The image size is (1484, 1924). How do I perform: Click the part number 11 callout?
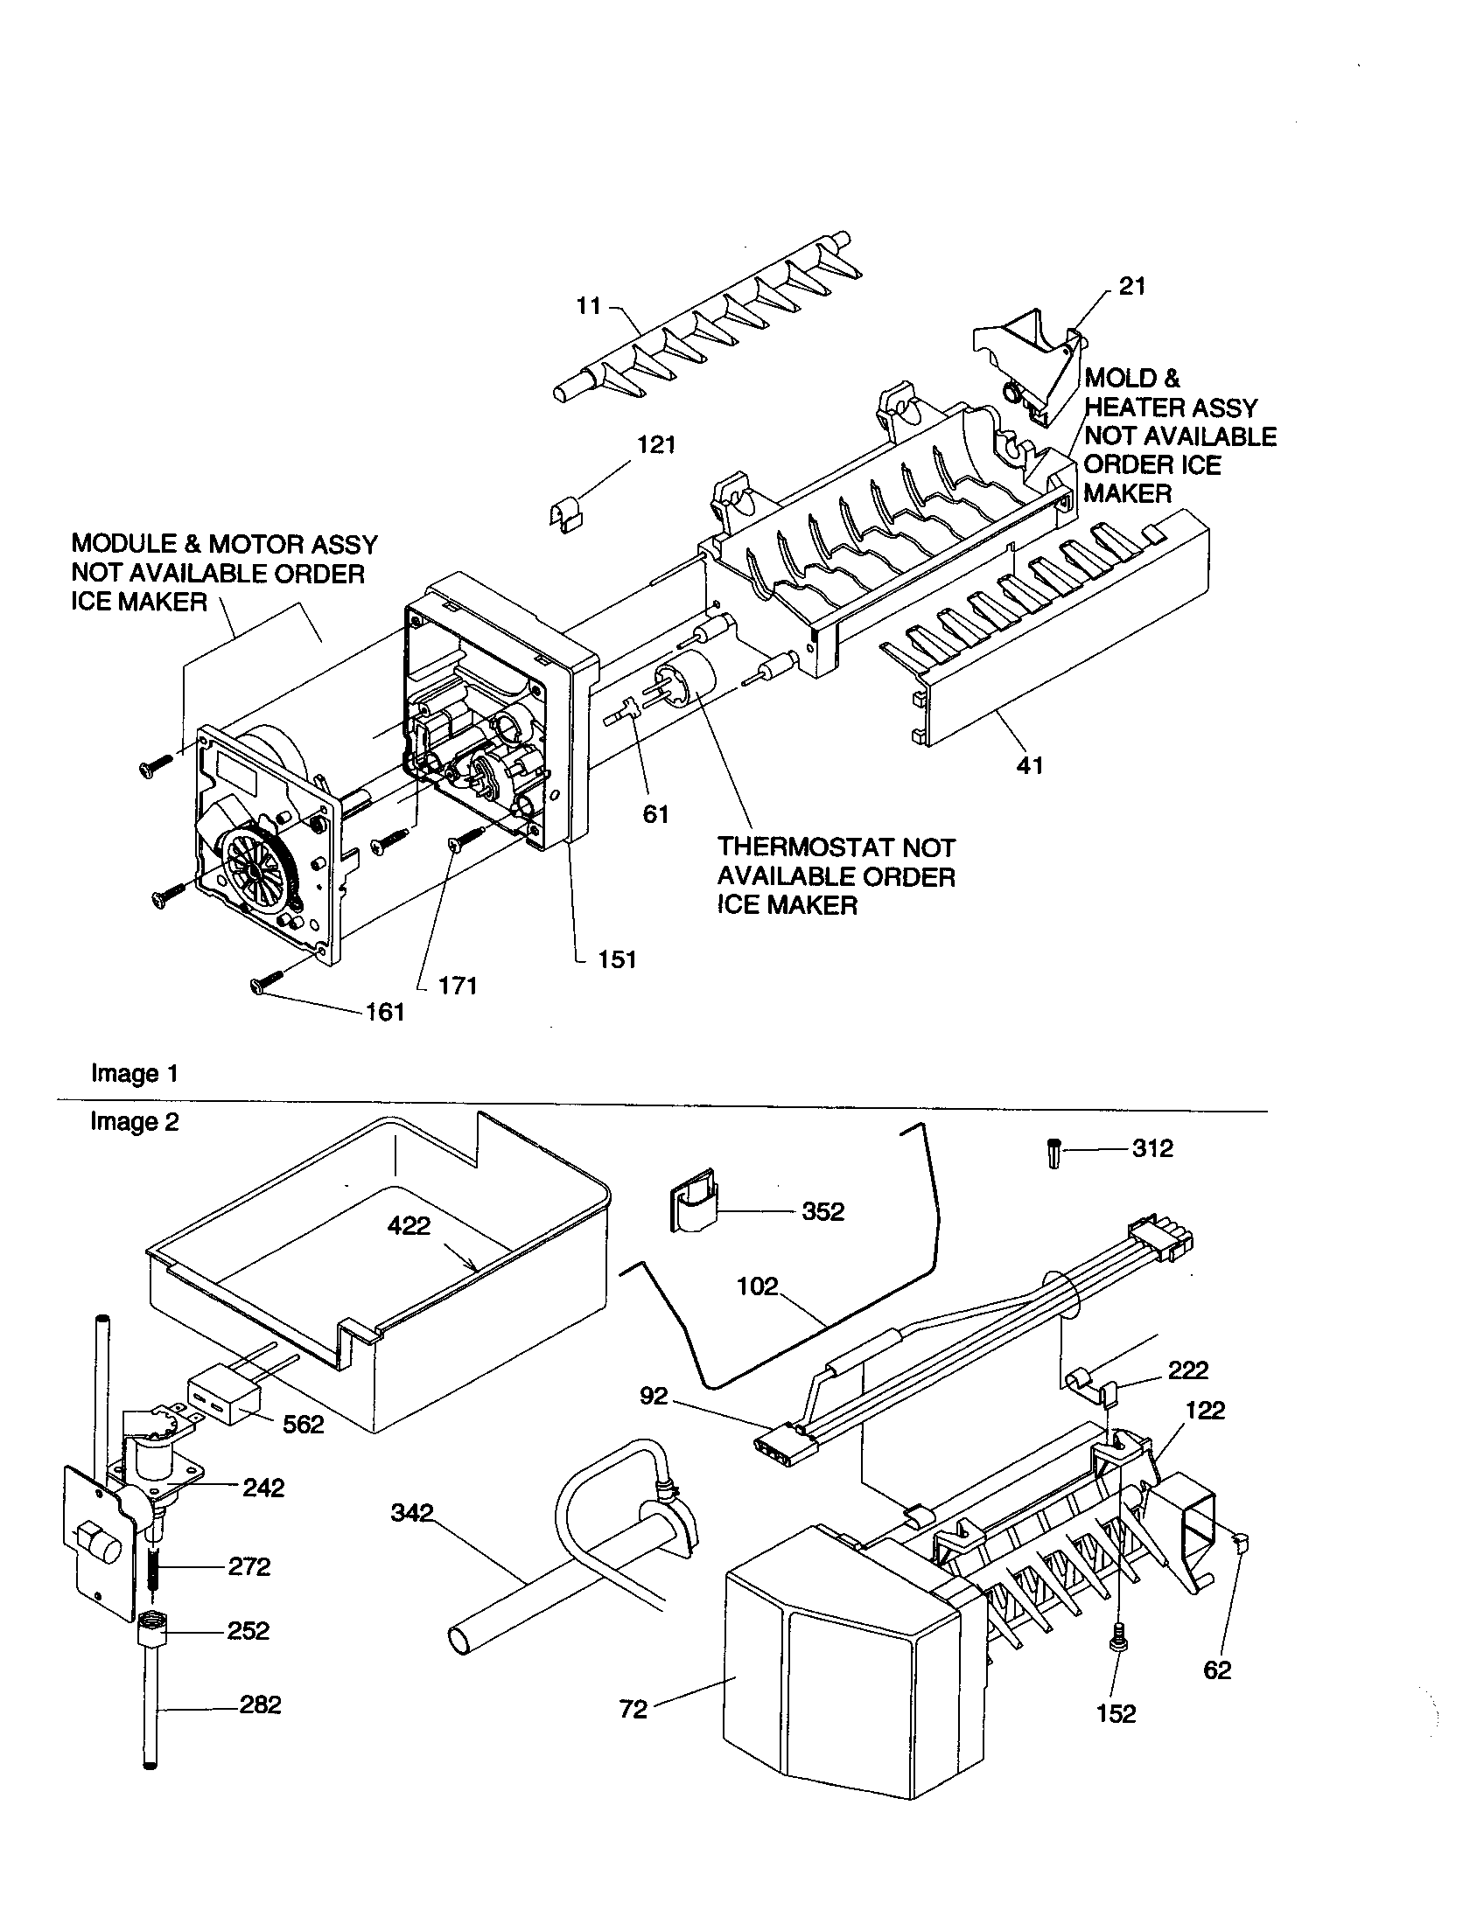click(588, 306)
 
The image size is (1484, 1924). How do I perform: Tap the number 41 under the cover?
click(1029, 764)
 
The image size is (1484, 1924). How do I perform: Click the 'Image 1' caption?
click(134, 1073)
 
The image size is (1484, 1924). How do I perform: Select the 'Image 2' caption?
click(134, 1121)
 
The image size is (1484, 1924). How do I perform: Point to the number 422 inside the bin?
click(409, 1225)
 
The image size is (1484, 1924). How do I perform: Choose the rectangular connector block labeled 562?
click(225, 1400)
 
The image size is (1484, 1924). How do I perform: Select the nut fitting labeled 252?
click(152, 1633)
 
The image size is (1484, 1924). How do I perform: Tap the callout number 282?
click(260, 1704)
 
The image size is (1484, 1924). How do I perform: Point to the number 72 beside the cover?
click(633, 1709)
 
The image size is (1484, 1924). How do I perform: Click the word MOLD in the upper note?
click(1120, 378)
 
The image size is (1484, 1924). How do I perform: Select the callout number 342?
click(411, 1513)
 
